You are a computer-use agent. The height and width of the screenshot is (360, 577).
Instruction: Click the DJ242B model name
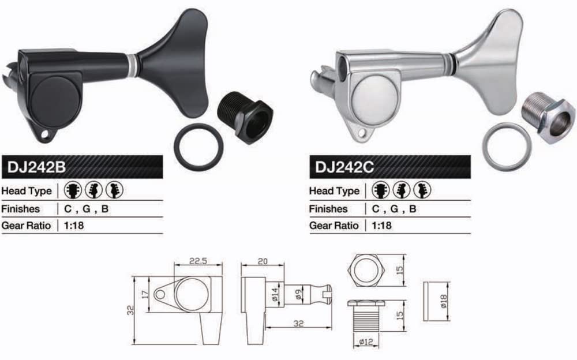click(36, 167)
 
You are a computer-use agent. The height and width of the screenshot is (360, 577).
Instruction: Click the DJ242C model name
click(344, 167)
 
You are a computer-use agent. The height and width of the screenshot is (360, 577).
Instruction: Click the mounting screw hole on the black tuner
click(45, 134)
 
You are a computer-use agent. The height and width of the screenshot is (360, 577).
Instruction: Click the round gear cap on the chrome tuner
click(374, 95)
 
